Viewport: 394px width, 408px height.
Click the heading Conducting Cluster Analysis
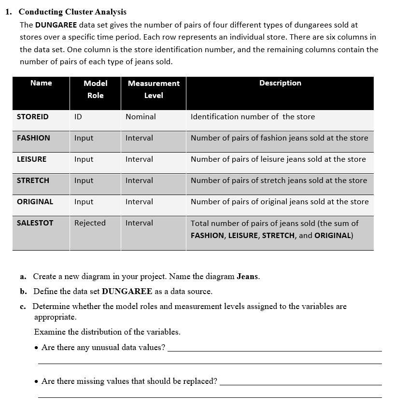pyautogui.click(x=72, y=12)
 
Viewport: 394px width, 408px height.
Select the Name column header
pyautogui.click(x=41, y=83)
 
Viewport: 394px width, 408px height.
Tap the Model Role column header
pyautogui.click(x=95, y=89)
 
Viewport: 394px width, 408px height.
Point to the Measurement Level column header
pyautogui.click(x=154, y=89)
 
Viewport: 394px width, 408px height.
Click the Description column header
pyautogui.click(x=280, y=83)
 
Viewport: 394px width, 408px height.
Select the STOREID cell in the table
pyautogui.click(x=32, y=117)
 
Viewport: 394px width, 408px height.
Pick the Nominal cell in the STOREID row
pyautogui.click(x=141, y=117)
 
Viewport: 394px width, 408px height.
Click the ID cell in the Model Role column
pyautogui.click(x=78, y=117)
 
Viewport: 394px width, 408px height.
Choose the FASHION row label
pyautogui.click(x=33, y=138)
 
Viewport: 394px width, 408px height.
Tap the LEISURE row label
pyautogui.click(x=31, y=159)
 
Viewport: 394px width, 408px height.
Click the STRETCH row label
pyautogui.click(x=33, y=181)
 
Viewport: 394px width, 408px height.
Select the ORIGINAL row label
pyautogui.click(x=35, y=202)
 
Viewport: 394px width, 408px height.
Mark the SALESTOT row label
pyautogui.click(x=35, y=223)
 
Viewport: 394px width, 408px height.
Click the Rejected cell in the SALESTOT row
pyautogui.click(x=90, y=223)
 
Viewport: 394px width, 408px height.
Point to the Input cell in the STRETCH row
pyautogui.click(x=84, y=181)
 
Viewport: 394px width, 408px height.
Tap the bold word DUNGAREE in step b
pyautogui.click(x=127, y=292)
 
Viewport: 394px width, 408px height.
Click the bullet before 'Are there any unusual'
pyautogui.click(x=37, y=348)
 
